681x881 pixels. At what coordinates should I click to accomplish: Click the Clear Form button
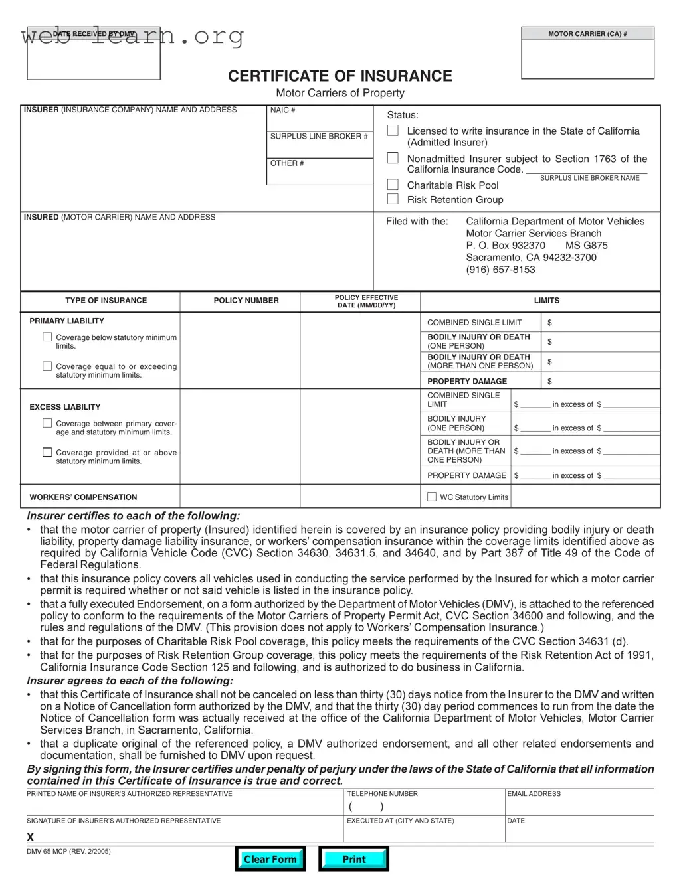[270, 859]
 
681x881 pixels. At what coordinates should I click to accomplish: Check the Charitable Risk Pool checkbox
[393, 185]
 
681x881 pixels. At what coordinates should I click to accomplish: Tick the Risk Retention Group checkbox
[393, 199]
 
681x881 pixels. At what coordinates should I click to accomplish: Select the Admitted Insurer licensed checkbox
[393, 131]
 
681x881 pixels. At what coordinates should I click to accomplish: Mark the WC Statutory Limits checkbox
[432, 497]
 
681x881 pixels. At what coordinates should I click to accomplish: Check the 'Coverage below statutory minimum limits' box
[47, 337]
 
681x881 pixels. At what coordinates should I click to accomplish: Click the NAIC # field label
[282, 110]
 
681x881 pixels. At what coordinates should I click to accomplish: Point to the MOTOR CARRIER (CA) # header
[587, 34]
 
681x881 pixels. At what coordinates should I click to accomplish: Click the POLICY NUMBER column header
[246, 301]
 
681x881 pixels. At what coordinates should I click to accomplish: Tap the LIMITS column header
[546, 301]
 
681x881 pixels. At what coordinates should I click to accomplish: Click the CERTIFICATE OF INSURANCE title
[340, 76]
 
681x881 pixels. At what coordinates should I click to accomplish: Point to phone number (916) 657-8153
[500, 270]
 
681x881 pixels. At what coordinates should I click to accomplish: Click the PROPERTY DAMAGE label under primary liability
[466, 382]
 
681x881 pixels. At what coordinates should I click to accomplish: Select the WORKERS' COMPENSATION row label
[83, 497]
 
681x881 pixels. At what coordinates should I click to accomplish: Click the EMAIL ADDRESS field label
[534, 794]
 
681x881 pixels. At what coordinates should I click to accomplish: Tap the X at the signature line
[30, 837]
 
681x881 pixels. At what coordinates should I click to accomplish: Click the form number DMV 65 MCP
[68, 852]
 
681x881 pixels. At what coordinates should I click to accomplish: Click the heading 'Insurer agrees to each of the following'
[130, 681]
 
